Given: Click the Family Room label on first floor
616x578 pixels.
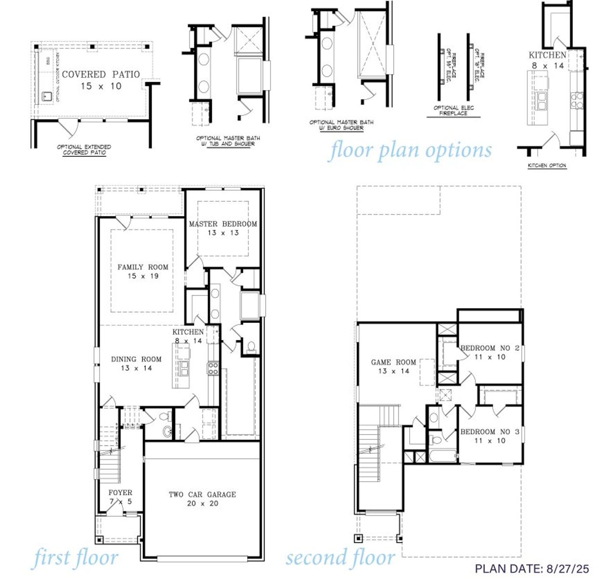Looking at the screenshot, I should (143, 271).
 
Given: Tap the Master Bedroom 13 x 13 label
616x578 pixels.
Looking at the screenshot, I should (223, 228).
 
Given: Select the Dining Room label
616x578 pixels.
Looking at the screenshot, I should (136, 363).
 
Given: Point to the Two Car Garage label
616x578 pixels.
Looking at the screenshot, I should (202, 499).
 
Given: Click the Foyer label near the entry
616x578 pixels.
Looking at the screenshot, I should (120, 497).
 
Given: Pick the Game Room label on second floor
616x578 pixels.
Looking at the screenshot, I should (393, 366).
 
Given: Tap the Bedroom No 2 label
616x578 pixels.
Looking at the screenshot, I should (490, 352).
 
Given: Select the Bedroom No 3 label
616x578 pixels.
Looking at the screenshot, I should (490, 436).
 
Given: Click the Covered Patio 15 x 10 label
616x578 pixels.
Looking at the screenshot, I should (101, 80).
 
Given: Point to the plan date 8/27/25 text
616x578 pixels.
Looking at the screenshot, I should (532, 568).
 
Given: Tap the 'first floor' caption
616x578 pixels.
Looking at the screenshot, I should (75, 558).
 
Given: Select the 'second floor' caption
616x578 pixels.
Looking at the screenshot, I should (341, 558).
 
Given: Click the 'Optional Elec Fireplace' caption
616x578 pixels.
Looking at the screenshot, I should (453, 111).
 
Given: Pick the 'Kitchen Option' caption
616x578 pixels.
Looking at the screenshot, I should (547, 166).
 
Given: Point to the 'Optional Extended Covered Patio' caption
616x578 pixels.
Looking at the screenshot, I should (84, 150).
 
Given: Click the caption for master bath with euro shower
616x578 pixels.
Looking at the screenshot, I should (341, 125).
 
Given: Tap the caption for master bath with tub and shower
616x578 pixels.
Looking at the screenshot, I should (225, 141).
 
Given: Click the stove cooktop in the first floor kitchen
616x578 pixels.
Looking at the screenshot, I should (213, 369).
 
